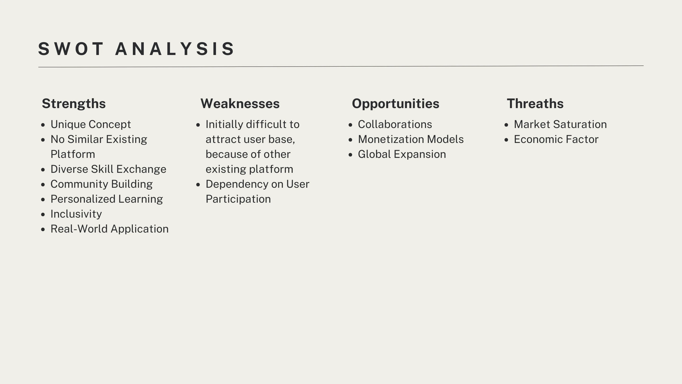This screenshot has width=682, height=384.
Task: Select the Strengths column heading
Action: (74, 104)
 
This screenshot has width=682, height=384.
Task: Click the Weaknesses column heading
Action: (240, 104)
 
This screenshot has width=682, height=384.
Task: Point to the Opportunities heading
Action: (395, 104)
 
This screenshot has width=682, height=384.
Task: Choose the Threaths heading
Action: (535, 104)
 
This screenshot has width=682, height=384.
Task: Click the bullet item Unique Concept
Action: (91, 124)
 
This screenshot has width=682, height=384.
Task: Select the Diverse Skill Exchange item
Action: (108, 169)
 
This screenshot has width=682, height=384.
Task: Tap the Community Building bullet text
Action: (102, 184)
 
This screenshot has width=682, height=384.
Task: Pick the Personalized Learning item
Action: (107, 199)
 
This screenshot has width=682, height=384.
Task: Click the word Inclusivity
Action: (76, 214)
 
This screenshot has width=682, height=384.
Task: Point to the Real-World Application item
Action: (110, 229)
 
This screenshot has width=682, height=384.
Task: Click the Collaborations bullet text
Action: (395, 124)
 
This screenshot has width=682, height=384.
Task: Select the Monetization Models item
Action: (411, 139)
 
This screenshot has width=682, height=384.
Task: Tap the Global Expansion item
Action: (402, 154)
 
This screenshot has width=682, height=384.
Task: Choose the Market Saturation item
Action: (561, 124)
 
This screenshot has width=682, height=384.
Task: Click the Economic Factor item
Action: (556, 139)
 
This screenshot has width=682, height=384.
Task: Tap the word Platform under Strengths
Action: (73, 154)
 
